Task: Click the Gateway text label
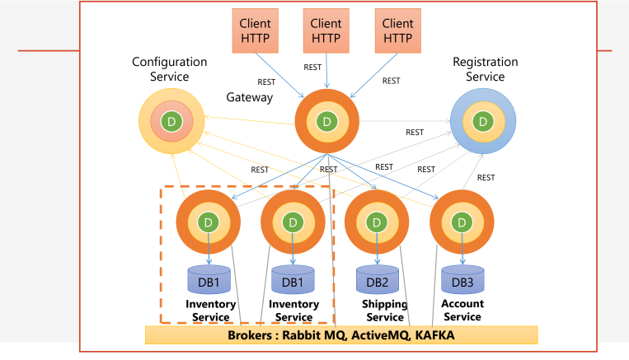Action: [x=250, y=97]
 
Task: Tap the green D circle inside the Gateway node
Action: [x=327, y=122]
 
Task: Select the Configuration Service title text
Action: [x=170, y=69]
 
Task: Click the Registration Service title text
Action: [x=486, y=69]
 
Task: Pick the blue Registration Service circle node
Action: [x=483, y=122]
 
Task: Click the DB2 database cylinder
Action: [x=378, y=280]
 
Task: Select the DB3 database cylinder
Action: [x=462, y=280]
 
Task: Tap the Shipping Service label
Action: [x=384, y=311]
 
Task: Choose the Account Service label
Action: [x=462, y=311]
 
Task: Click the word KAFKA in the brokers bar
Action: [x=429, y=335]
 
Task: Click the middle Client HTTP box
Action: [x=327, y=31]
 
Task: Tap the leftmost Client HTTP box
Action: [x=256, y=31]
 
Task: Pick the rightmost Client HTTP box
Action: [x=398, y=31]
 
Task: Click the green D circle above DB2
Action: [x=377, y=222]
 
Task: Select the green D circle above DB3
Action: [x=461, y=222]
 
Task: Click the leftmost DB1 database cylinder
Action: [x=209, y=280]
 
